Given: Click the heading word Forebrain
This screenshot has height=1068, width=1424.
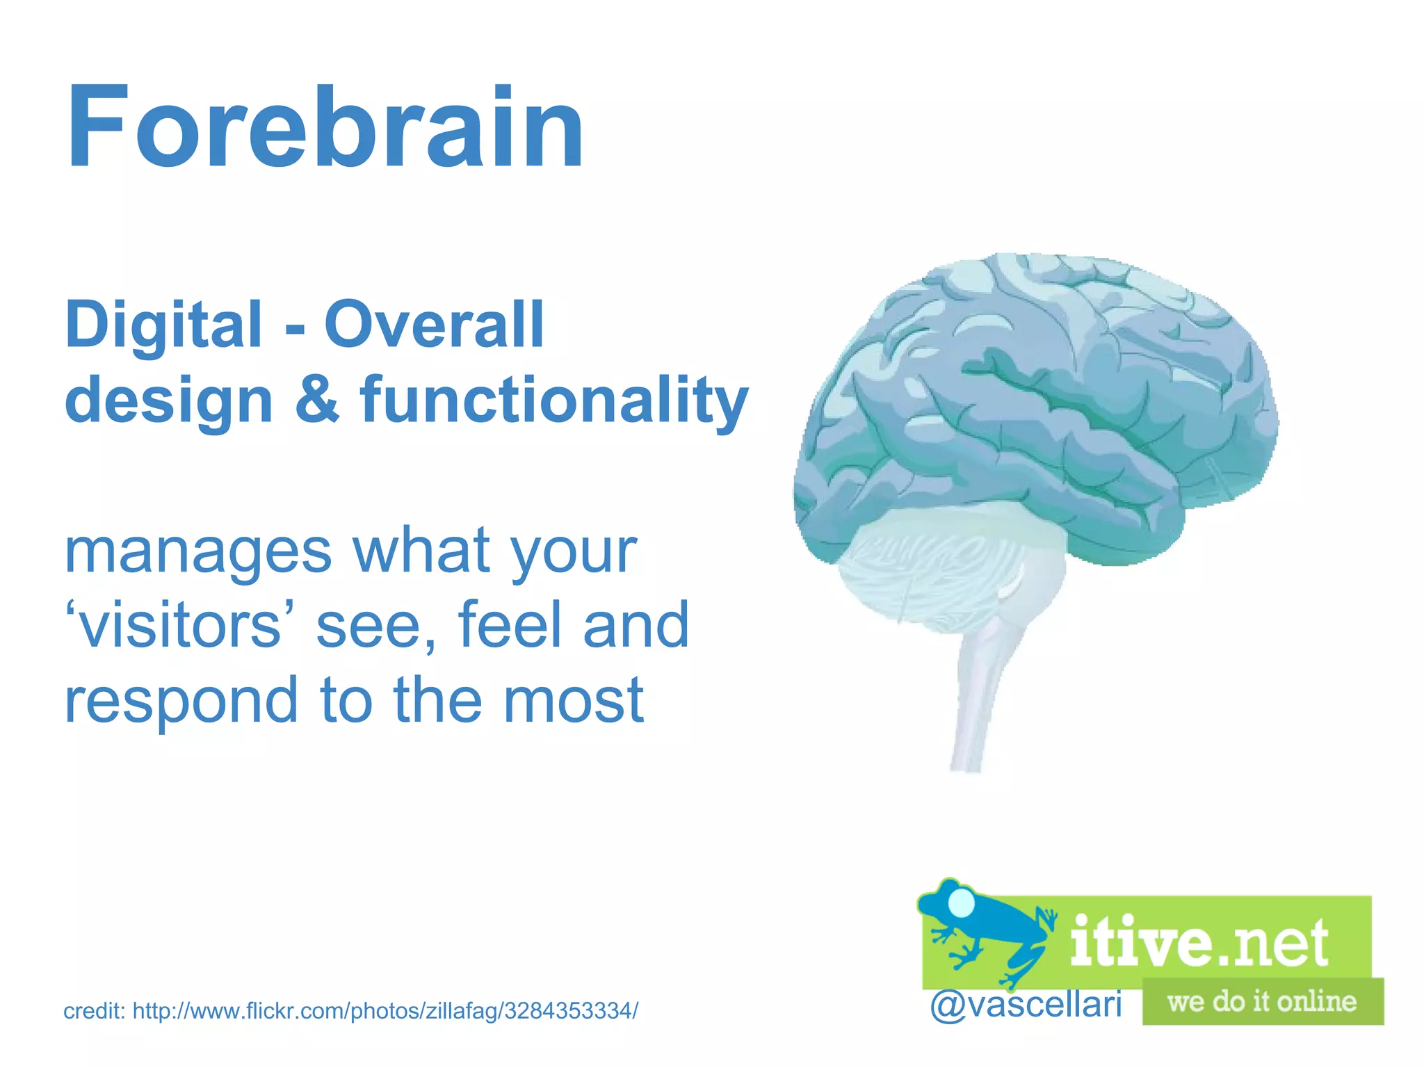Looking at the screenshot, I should click(325, 129).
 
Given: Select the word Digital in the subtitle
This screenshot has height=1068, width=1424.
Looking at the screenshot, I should click(163, 324).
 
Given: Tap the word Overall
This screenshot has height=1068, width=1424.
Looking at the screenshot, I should click(434, 324).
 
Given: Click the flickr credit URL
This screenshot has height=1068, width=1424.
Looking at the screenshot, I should click(385, 1011).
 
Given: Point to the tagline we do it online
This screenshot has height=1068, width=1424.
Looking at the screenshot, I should click(1262, 1002).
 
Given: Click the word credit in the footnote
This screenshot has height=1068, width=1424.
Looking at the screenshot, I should click(92, 1011).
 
